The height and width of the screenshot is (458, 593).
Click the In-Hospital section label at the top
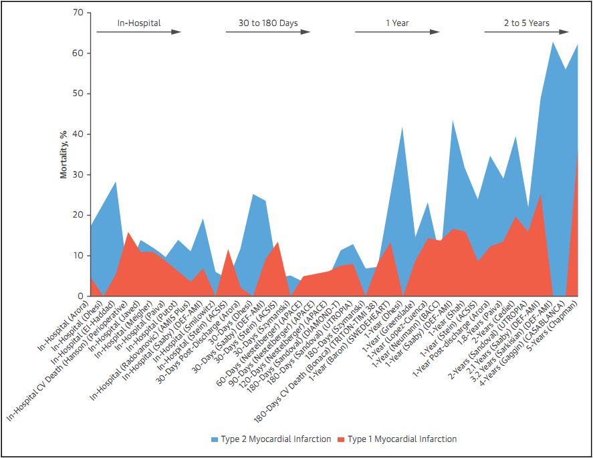click(x=139, y=23)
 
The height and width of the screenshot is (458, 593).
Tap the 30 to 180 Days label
click(x=268, y=23)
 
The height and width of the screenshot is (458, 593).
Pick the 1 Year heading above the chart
click(x=397, y=23)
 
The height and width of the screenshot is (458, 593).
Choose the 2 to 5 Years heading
click(x=527, y=23)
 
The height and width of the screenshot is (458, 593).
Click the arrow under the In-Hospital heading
click(x=139, y=32)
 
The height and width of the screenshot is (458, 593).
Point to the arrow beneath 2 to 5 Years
click(x=527, y=32)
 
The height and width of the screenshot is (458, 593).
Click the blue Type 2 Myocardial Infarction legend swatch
click(x=214, y=439)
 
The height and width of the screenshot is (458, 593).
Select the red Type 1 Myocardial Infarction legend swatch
click(x=341, y=439)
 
